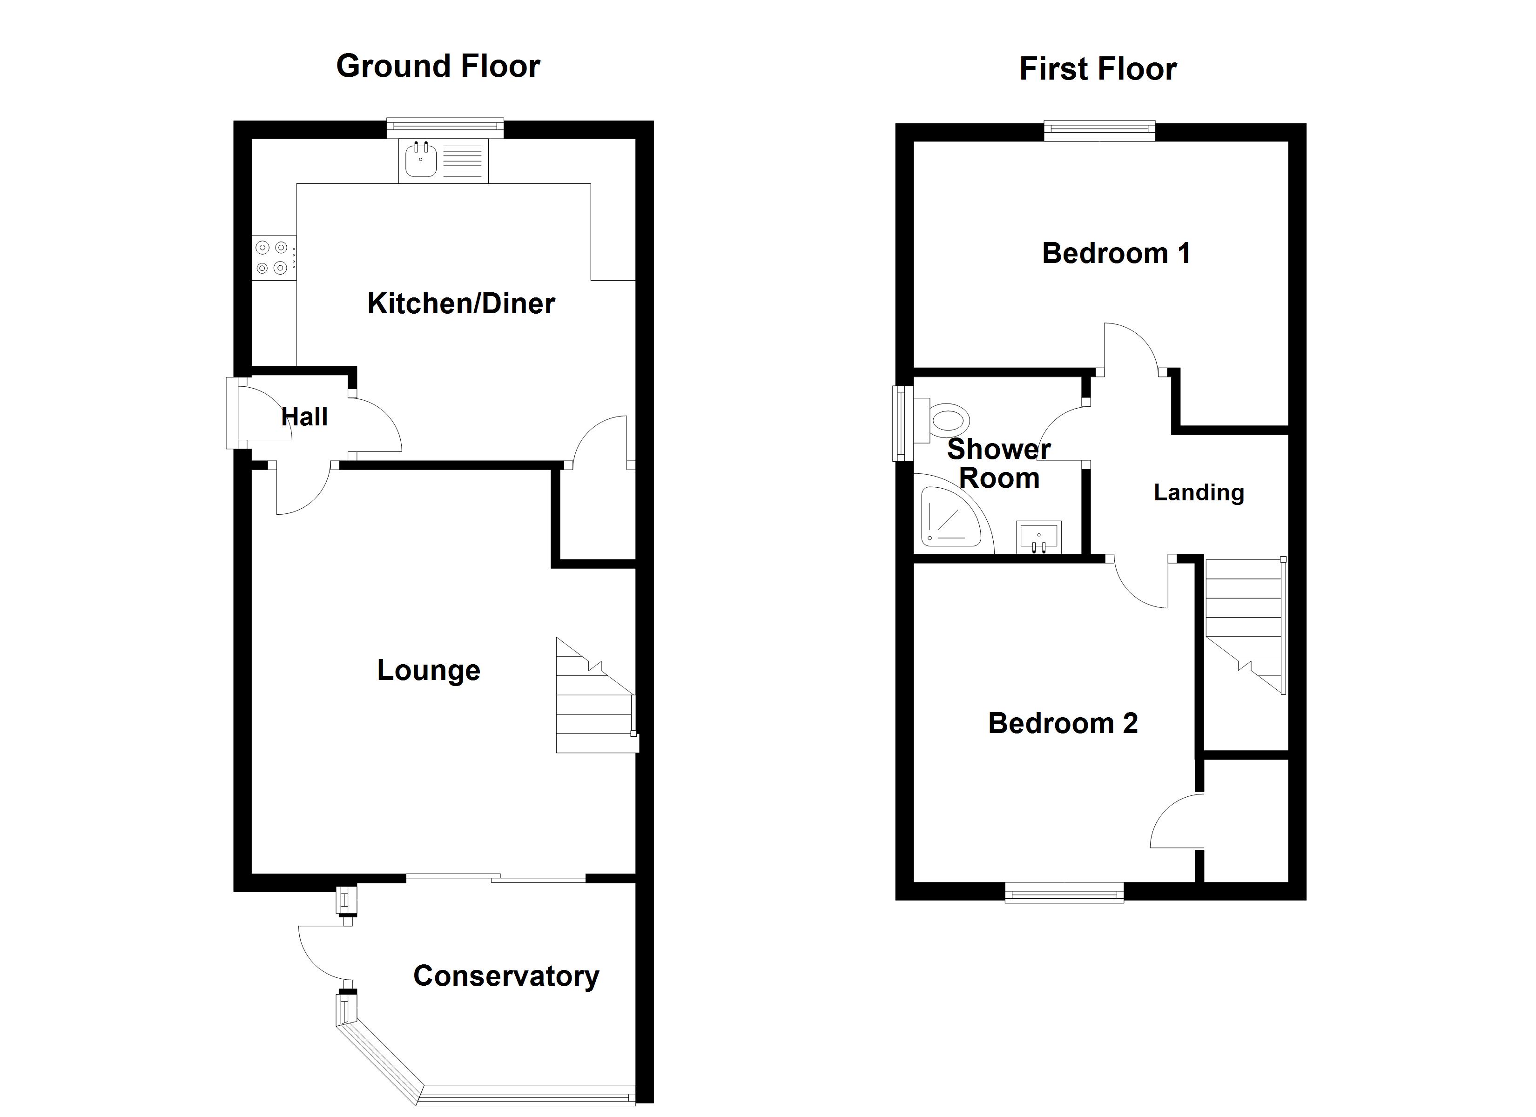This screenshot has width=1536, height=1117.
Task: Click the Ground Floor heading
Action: (438, 67)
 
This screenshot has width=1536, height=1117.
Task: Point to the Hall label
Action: (304, 417)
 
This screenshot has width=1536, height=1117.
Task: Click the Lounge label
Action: (428, 671)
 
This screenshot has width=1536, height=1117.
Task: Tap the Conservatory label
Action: (506, 976)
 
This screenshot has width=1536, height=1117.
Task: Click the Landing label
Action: (1198, 492)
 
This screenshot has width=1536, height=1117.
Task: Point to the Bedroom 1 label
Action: (1115, 253)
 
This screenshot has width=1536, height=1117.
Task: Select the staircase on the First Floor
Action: (1245, 626)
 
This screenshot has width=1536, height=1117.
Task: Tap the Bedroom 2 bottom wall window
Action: (1064, 893)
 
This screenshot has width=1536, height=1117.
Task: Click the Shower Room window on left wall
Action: (902, 424)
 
